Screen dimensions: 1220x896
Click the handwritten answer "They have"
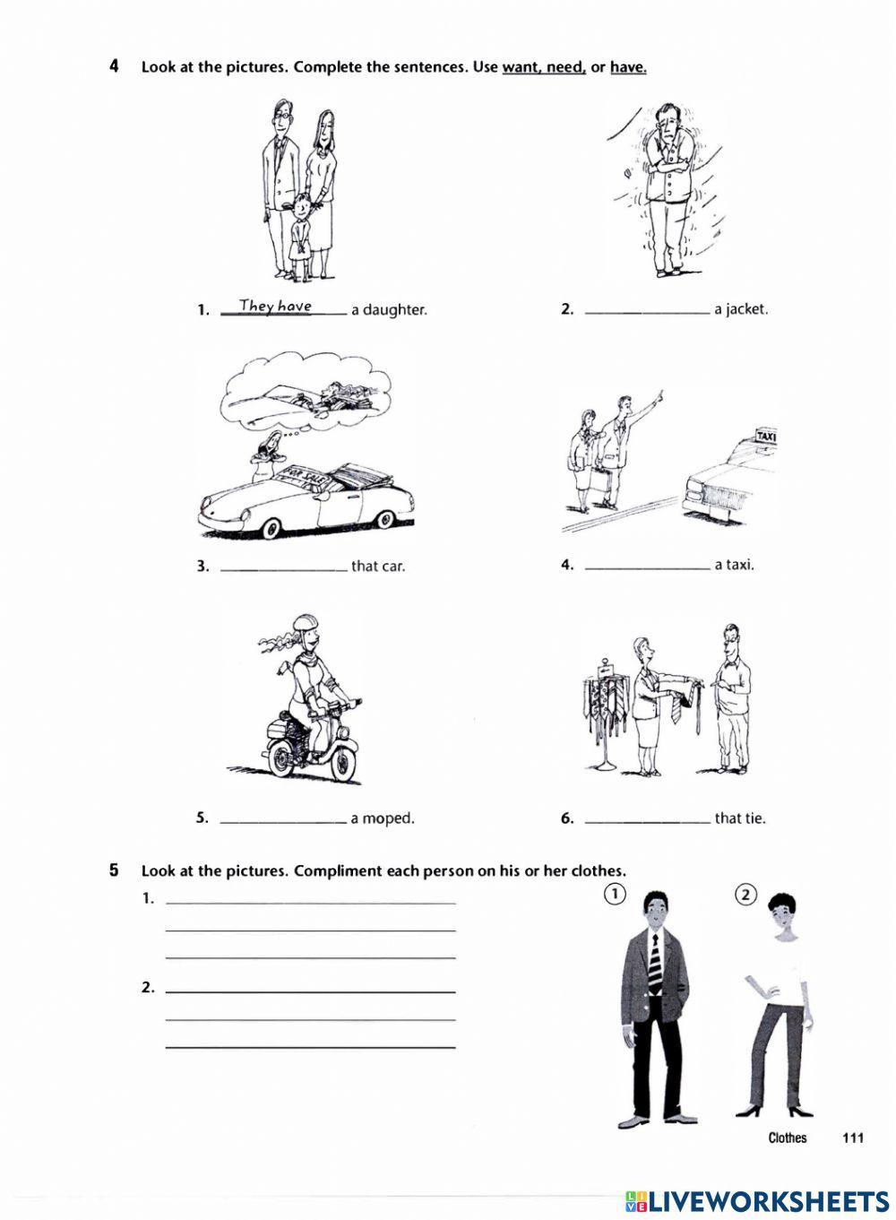[x=275, y=307]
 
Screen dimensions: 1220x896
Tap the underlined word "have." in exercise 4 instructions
[x=628, y=67]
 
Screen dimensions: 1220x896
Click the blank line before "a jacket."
[x=646, y=310]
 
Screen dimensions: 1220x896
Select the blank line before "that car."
[x=282, y=567]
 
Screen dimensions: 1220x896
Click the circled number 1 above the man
[x=614, y=894]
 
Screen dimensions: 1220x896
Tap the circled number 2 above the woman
[x=745, y=894]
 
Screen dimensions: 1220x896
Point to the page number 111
[x=852, y=1138]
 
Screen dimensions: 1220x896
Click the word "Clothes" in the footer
[x=787, y=1138]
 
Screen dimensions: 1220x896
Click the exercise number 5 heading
[x=114, y=870]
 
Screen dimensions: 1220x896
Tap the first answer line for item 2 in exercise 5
[x=311, y=991]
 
